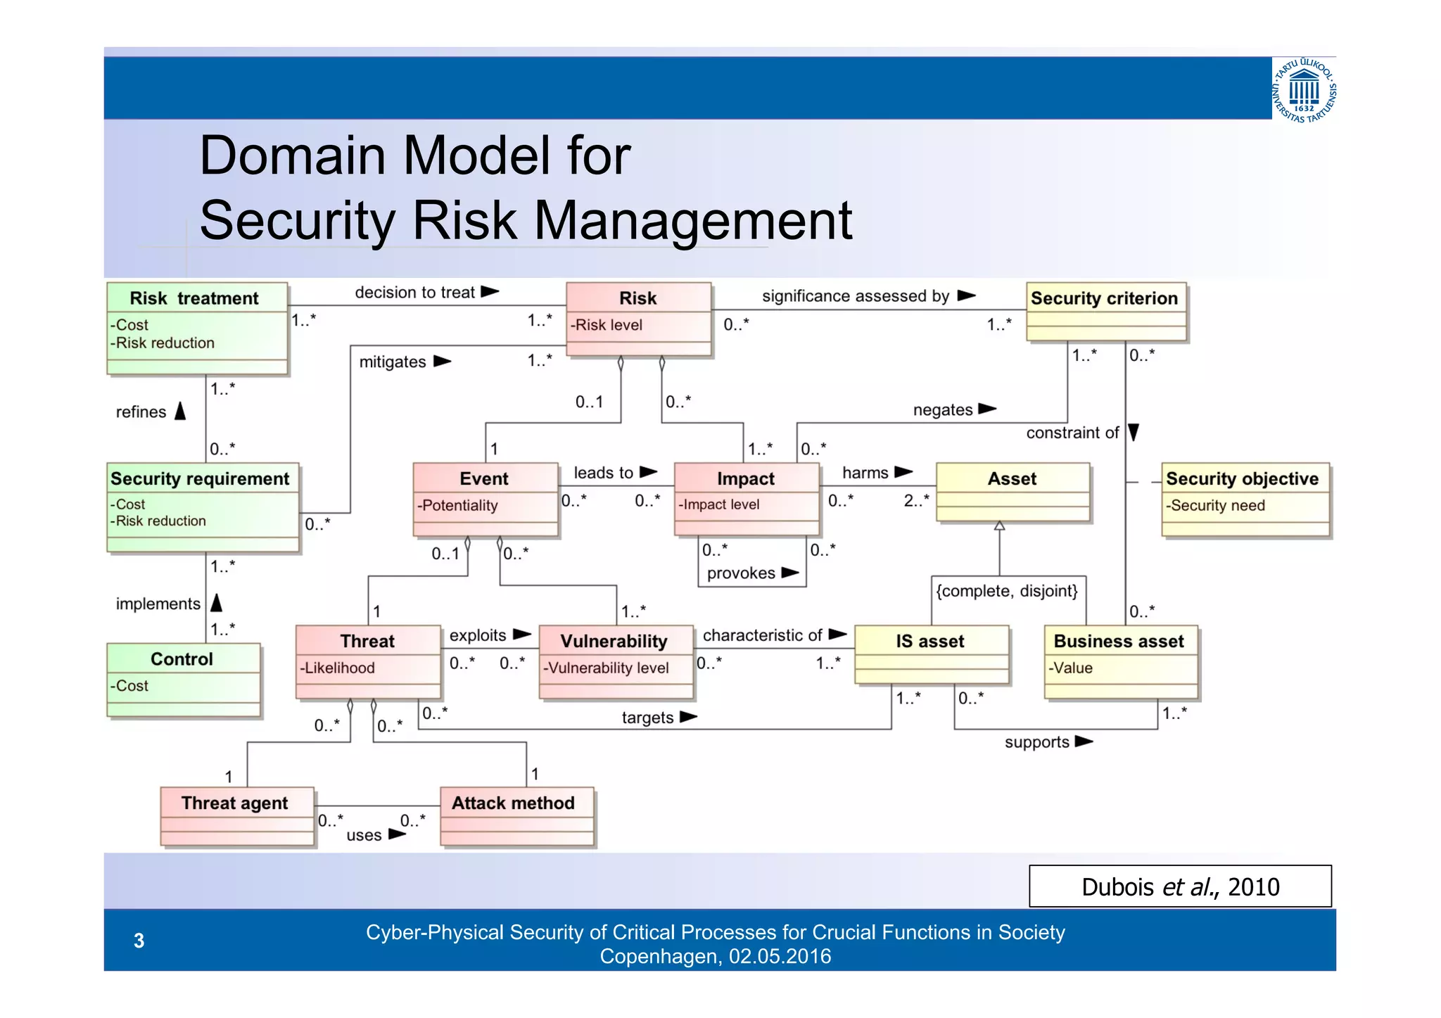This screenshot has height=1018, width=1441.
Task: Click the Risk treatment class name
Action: click(x=194, y=298)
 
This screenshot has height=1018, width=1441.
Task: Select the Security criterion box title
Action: click(x=1104, y=298)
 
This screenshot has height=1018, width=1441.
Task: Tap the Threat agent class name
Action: click(x=234, y=803)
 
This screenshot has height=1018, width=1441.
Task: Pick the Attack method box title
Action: click(x=513, y=803)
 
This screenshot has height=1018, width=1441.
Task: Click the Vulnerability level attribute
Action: click(x=606, y=668)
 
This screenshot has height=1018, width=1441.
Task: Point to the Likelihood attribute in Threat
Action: click(x=338, y=668)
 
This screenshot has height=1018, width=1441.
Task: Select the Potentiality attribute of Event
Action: click(x=457, y=505)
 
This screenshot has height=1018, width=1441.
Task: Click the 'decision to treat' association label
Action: click(x=414, y=293)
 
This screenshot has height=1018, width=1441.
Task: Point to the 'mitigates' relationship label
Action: click(x=393, y=362)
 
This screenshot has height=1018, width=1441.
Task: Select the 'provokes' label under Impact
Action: click(x=741, y=573)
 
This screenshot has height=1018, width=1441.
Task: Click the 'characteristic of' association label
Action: click(x=763, y=635)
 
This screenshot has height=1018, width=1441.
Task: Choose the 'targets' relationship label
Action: click(x=647, y=718)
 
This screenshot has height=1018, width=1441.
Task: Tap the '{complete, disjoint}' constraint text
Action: click(x=1006, y=591)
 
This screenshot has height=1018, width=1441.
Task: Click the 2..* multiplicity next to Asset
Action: click(x=916, y=500)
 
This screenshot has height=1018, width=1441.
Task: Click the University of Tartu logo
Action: click(x=1304, y=90)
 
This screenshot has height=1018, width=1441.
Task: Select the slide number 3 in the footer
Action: click(x=139, y=941)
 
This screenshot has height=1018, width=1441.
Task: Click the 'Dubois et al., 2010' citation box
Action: click(x=1180, y=886)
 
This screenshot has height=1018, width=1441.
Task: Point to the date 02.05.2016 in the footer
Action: click(x=780, y=957)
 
